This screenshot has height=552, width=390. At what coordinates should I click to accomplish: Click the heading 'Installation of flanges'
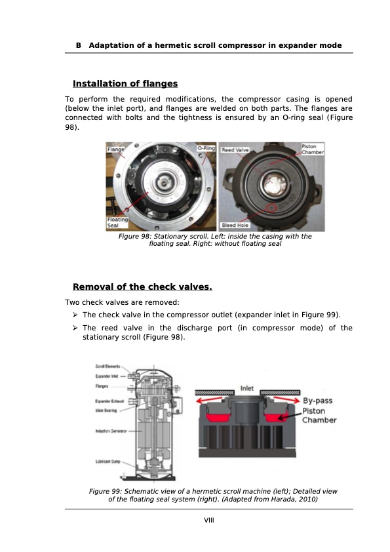125,84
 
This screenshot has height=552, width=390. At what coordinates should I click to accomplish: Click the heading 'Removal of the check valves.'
142,287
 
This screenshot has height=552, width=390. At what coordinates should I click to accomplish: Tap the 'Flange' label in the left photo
116,150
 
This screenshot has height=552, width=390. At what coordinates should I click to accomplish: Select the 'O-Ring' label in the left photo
206,149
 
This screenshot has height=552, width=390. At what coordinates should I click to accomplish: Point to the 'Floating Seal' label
117,223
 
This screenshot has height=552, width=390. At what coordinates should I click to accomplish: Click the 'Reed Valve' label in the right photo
234,150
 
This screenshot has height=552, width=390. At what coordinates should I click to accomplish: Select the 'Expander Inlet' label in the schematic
107,376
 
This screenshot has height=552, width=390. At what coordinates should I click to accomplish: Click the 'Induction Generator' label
110,431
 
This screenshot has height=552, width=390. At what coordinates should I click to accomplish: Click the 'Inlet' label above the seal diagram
247,388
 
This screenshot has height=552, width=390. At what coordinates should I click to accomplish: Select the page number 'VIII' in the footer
209,520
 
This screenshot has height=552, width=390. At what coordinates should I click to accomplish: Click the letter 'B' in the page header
79,46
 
